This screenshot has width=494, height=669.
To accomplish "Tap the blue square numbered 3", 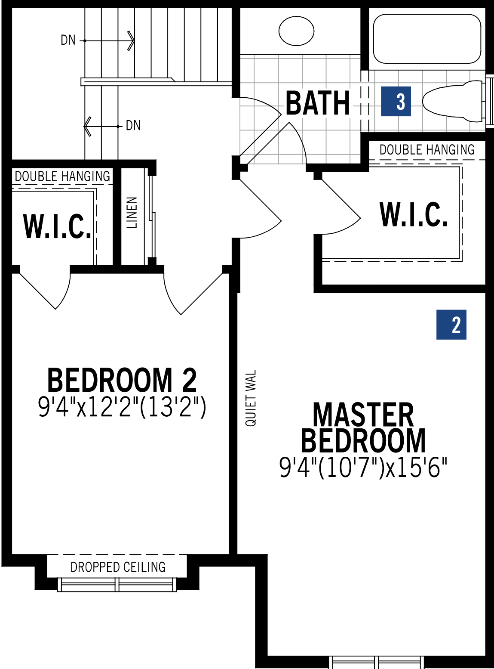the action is (396, 101).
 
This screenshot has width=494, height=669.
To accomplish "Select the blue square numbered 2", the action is (451, 325).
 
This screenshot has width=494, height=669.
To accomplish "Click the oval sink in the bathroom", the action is (296, 31).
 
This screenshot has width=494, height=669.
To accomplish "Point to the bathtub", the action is (427, 39).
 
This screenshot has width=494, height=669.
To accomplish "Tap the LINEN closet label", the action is (132, 212).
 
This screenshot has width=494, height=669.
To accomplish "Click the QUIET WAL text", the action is (251, 398).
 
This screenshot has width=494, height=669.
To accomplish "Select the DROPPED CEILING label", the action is (118, 567).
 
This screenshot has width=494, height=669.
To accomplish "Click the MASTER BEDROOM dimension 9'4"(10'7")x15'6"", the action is (363, 467).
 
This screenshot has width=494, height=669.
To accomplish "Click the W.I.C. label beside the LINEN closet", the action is (57, 226).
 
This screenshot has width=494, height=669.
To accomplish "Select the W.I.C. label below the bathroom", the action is (414, 214).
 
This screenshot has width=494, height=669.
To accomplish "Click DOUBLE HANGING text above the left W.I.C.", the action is (62, 176).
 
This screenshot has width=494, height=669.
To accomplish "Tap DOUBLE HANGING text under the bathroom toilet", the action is (427, 150).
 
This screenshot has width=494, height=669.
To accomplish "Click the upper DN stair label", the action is (68, 40).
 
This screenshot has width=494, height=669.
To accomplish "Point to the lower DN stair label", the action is (133, 125).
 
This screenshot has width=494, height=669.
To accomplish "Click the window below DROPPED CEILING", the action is (117, 585).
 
